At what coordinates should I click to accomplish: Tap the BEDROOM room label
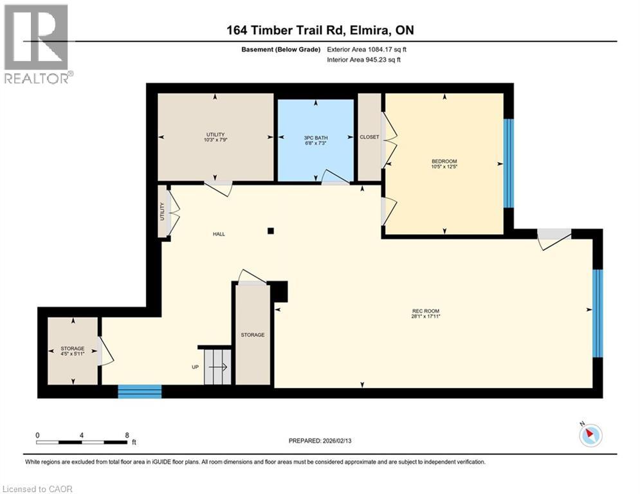(x=444, y=161)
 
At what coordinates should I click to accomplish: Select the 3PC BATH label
(x=315, y=137)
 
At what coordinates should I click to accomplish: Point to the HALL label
(x=219, y=234)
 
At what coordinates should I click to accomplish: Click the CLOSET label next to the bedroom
(x=369, y=137)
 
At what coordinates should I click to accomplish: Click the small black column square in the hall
(x=271, y=230)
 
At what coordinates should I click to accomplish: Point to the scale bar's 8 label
(x=127, y=435)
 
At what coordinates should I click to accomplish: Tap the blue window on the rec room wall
(x=598, y=313)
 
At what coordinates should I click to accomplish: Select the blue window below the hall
(x=140, y=391)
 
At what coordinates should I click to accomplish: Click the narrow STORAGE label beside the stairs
(x=253, y=334)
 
